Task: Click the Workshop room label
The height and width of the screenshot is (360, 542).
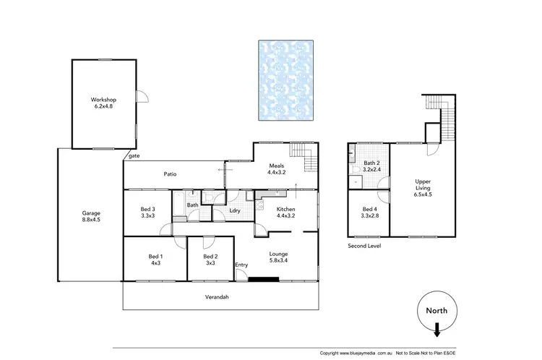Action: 103,103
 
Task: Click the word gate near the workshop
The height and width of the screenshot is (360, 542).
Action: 134,155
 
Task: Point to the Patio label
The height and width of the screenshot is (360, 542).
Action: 171,174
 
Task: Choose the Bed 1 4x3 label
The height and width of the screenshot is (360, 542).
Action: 155,260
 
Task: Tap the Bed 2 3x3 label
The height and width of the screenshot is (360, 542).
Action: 210,260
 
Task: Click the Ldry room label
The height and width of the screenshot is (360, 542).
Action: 235,210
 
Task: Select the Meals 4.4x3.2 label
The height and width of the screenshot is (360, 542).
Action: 278,169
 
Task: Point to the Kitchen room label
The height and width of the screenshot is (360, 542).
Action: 285,213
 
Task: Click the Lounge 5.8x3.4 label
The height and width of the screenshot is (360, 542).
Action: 279,257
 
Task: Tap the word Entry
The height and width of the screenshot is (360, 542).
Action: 241,265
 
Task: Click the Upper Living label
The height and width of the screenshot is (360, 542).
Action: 423,187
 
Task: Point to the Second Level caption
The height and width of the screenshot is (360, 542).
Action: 364,246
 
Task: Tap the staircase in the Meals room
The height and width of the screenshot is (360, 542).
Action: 304,153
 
